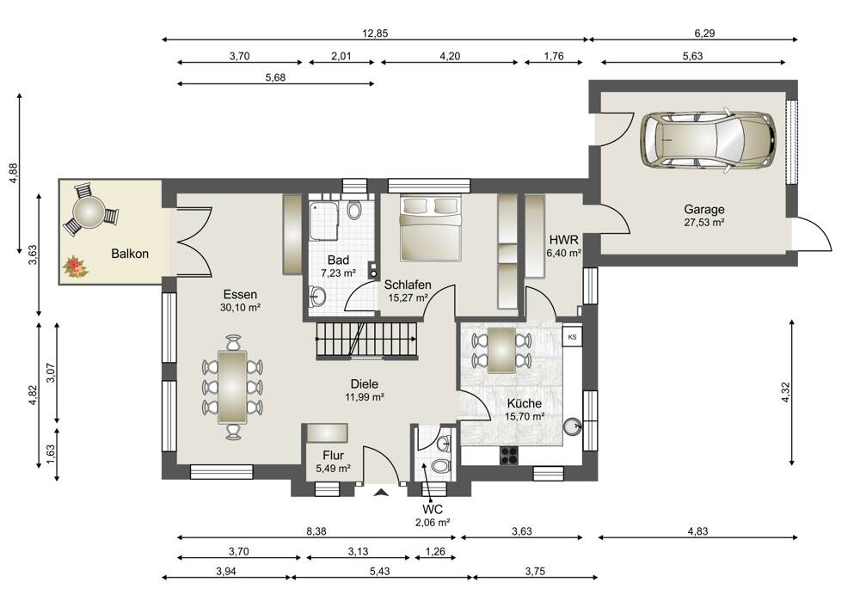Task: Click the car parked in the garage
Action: tap(708, 140)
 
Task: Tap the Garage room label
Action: tap(703, 209)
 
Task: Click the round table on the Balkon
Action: tap(89, 212)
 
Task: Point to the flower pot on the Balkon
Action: tap(75, 267)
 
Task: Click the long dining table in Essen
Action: tap(232, 387)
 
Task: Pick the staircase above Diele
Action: tap(366, 340)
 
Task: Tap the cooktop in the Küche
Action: tap(509, 456)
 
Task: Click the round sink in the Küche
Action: tap(573, 426)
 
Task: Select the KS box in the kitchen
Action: tap(572, 337)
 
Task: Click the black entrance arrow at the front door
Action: tap(381, 493)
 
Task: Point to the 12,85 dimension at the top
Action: tap(375, 34)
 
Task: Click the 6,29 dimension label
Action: tap(705, 34)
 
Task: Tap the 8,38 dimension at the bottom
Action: tap(316, 531)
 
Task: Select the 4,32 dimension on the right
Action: tap(786, 392)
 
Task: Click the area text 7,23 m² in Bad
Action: tap(338, 273)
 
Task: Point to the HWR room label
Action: tap(564, 240)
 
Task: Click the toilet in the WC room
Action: tap(441, 467)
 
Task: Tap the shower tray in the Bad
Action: tap(323, 220)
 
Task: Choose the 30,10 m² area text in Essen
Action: tap(240, 308)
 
